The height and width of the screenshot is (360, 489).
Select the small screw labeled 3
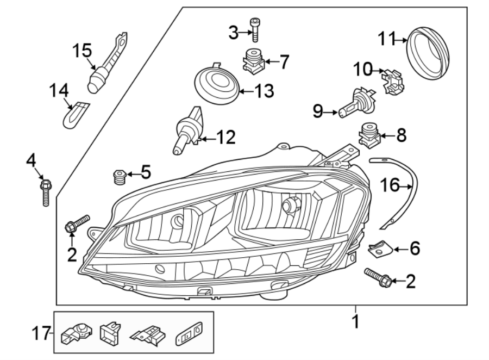(x=254, y=30)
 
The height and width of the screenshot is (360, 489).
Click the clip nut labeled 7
(x=252, y=62)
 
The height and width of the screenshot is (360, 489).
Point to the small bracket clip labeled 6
(x=378, y=249)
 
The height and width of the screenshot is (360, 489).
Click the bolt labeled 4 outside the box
(x=45, y=191)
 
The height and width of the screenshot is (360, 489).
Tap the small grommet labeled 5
(x=119, y=177)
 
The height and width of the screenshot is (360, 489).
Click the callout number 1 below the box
(x=355, y=322)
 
